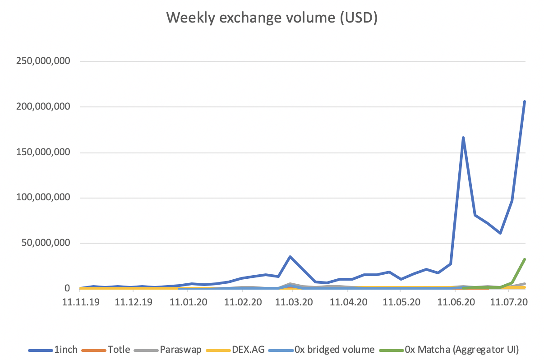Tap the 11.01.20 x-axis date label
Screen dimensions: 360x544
(x=188, y=301)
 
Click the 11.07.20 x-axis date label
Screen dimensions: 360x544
(x=508, y=301)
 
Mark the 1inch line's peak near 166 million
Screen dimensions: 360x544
(x=463, y=138)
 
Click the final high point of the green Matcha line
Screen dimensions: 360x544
(x=524, y=259)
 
